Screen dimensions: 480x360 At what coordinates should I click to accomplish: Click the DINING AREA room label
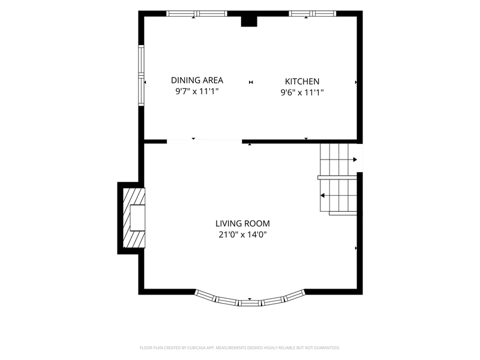coord(197,80)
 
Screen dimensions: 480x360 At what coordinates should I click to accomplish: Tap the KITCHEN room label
coord(302,82)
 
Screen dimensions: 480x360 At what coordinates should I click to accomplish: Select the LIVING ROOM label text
coord(243,223)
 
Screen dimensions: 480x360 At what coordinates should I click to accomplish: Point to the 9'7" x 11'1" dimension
coord(197,91)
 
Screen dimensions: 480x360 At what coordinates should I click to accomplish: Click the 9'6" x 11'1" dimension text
coord(302,92)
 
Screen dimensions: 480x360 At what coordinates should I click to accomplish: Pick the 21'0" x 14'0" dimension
coord(243,235)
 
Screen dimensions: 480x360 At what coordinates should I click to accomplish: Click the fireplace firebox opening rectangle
coord(137,218)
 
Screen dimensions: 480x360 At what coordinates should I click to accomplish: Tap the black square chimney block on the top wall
coord(249,22)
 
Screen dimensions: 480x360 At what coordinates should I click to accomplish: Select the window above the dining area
coord(197,13)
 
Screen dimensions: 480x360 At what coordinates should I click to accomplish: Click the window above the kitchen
coord(313,13)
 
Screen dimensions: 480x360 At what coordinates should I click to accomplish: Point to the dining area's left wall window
coord(141,76)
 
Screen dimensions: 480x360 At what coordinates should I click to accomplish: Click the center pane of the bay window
coord(250,304)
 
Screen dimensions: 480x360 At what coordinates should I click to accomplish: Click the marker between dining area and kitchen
coord(251,82)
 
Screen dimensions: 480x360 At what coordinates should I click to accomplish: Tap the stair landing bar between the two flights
coord(337,178)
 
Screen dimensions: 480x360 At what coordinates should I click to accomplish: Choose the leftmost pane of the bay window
coord(206,295)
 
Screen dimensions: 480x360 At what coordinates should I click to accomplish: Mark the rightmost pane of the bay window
coord(295,295)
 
